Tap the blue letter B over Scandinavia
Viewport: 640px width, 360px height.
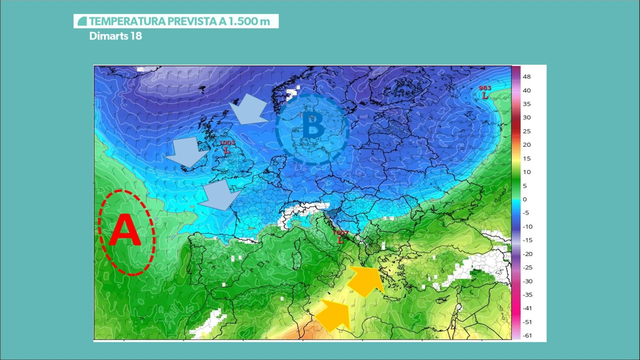pos(313,126)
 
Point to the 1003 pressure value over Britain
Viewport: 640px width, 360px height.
pos(227,143)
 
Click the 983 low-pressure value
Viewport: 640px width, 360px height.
pos(485,88)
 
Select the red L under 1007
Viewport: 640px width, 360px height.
pos(340,240)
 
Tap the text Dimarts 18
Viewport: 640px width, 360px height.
pos(116,36)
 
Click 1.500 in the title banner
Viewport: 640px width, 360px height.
pos(243,21)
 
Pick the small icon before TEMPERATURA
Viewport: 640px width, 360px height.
pos(82,21)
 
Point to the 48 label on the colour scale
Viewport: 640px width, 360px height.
pos(527,77)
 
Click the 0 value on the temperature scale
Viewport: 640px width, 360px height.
pos(525,199)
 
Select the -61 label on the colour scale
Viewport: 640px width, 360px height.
pos(527,336)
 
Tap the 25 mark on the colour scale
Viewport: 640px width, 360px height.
pos(527,131)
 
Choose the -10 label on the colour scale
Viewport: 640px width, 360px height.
pos(528,226)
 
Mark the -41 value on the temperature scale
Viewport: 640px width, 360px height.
pos(527,308)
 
